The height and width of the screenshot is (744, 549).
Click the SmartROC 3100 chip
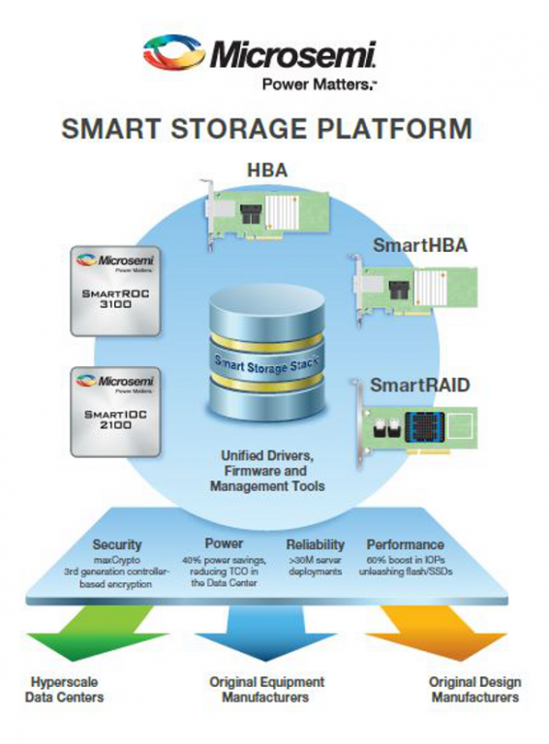pos(112,291)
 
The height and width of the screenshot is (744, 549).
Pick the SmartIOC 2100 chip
pos(112,410)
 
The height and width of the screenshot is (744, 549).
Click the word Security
pos(116,544)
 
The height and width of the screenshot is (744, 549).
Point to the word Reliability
pos(316,544)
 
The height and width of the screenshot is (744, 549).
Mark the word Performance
pos(406,544)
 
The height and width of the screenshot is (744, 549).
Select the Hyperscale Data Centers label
pos(66,689)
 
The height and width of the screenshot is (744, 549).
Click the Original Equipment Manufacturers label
pos(266,689)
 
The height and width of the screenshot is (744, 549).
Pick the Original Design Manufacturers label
pos(473,689)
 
